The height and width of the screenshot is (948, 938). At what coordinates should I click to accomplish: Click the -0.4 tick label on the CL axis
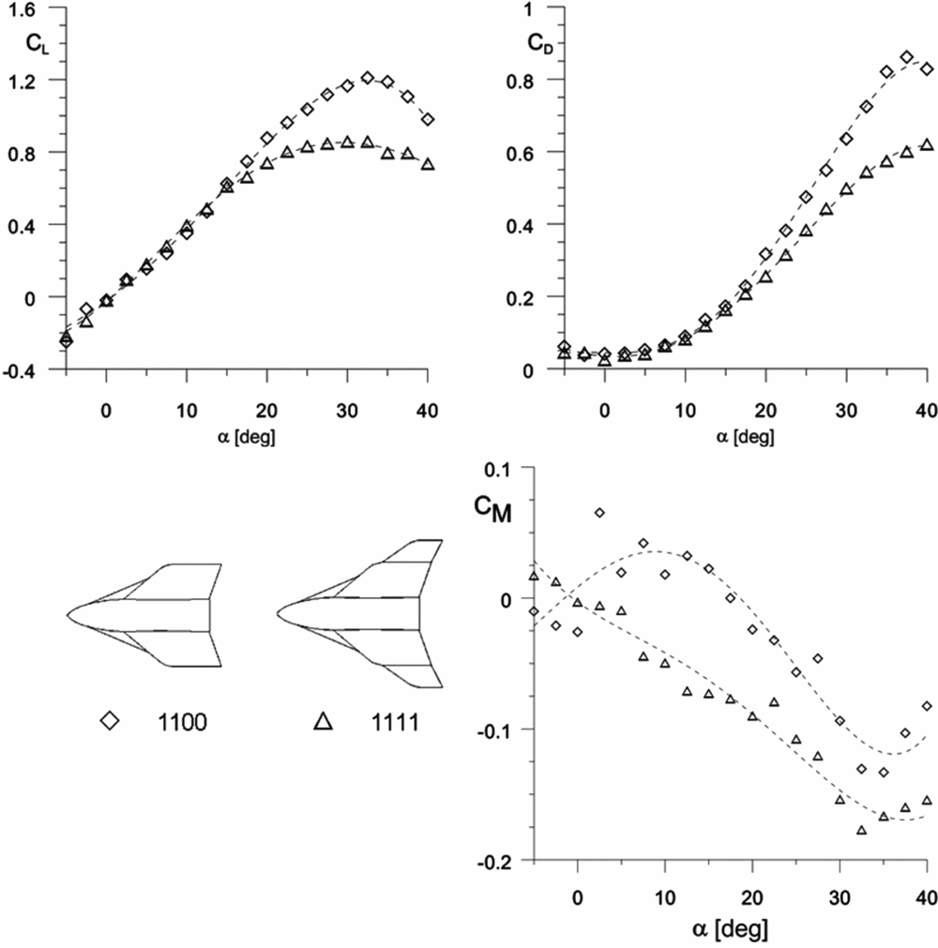point(25,370)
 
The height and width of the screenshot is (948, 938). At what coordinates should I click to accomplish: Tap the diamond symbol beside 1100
point(111,720)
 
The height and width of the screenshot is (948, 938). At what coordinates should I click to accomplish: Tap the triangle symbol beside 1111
point(324,720)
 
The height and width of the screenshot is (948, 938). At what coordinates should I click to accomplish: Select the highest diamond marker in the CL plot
point(368,78)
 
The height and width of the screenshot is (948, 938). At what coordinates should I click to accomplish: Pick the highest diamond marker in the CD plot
point(906,57)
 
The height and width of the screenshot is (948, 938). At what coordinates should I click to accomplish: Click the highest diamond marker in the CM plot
point(599,513)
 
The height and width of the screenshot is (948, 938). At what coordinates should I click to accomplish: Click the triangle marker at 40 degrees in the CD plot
point(927,144)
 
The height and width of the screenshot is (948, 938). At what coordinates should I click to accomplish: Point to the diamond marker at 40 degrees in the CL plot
point(428,120)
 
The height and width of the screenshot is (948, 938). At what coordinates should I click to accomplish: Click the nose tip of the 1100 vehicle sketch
point(68,614)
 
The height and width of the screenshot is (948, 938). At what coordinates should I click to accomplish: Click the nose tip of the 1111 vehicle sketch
point(278,614)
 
